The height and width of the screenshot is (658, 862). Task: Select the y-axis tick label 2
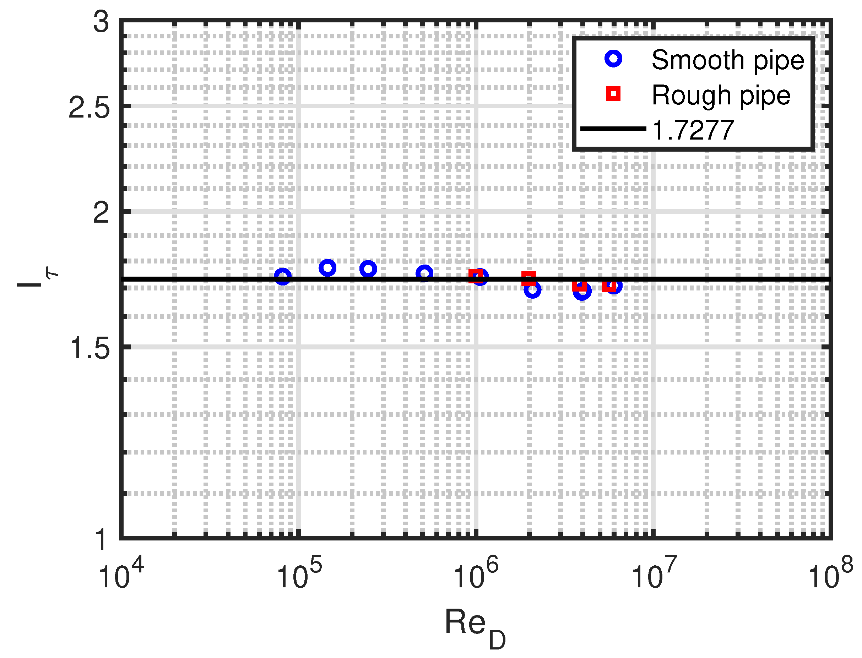click(x=101, y=214)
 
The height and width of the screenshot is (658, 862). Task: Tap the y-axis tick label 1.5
click(x=89, y=349)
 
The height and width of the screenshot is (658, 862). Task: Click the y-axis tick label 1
click(x=101, y=540)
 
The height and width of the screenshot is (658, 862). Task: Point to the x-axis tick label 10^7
click(x=653, y=574)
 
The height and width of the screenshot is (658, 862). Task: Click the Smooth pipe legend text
click(x=728, y=60)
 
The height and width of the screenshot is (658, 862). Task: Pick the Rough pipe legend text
click(x=721, y=95)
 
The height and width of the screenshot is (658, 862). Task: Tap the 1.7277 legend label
click(x=693, y=130)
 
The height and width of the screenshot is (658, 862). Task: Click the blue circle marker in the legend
click(x=613, y=59)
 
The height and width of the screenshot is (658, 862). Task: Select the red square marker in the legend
click(x=613, y=94)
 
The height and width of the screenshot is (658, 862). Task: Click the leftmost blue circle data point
click(x=283, y=277)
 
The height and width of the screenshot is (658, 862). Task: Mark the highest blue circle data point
click(x=327, y=268)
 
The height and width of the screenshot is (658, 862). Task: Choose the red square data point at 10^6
click(x=476, y=276)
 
